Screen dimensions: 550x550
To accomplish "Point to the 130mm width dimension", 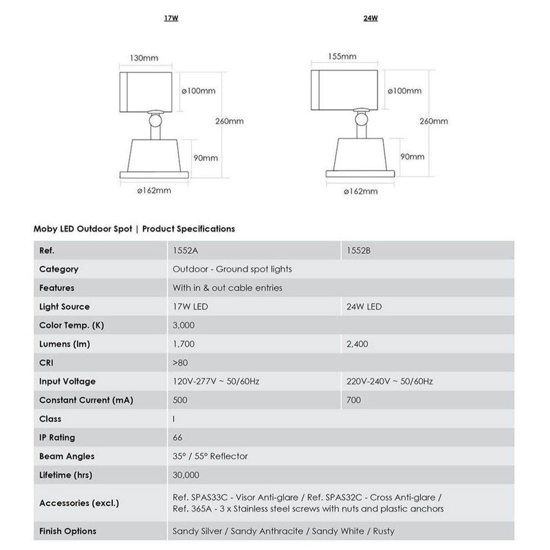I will (x=144, y=58).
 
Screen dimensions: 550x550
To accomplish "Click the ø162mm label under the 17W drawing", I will (x=155, y=190).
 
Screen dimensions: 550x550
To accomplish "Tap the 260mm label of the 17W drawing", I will (x=230, y=122).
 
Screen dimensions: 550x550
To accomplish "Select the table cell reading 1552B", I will (x=360, y=251).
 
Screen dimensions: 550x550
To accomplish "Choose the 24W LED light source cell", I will (x=364, y=307).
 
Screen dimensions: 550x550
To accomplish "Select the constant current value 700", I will (x=355, y=400).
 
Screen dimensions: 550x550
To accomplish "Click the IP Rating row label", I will (x=58, y=437).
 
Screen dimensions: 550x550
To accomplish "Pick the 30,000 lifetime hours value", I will (x=187, y=474).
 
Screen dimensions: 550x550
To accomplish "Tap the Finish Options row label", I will (x=68, y=531).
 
